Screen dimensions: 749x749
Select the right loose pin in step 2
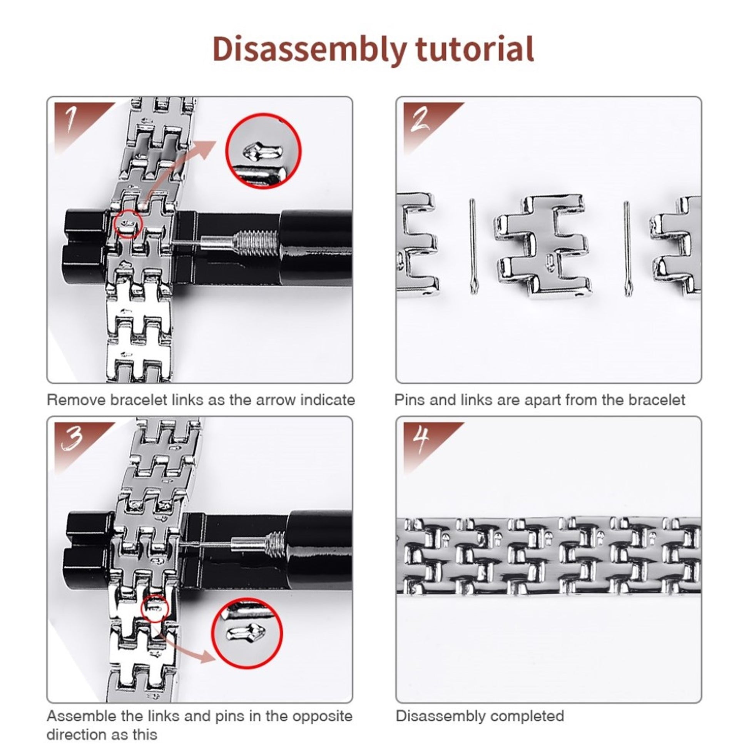pos(627,249)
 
